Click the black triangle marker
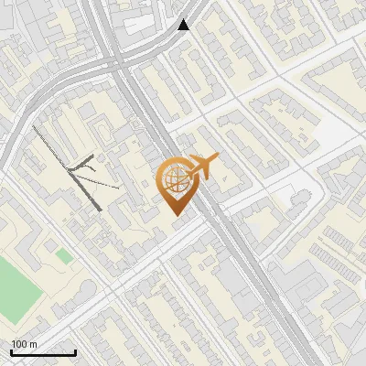pos(184,25)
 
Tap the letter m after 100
pos(33,344)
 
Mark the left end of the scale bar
pos(11,353)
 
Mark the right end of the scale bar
pos(76,353)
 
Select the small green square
pos(63,255)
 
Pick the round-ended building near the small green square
pos(81,291)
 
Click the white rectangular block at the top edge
pos(146,20)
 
